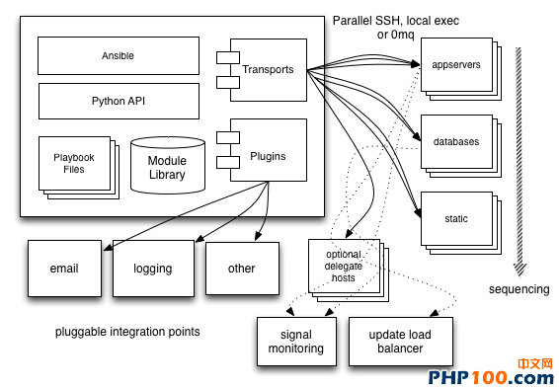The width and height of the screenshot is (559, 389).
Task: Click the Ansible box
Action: [118, 56]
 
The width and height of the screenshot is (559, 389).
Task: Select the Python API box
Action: [118, 101]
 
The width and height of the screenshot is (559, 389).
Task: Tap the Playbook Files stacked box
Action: [74, 163]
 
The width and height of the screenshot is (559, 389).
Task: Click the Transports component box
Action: [268, 70]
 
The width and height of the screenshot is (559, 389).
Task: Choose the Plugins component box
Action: [268, 156]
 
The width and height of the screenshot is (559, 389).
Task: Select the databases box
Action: [455, 141]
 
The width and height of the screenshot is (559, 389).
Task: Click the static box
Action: [455, 218]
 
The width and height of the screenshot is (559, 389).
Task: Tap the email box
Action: [64, 268]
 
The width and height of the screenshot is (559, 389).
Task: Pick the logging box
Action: [152, 268]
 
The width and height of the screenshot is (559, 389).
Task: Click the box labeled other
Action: [241, 268]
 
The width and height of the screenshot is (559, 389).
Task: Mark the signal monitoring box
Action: [295, 342]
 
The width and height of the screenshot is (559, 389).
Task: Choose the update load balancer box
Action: [400, 342]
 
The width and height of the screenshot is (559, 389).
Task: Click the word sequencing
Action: [519, 289]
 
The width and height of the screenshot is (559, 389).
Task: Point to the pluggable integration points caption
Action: [127, 332]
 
